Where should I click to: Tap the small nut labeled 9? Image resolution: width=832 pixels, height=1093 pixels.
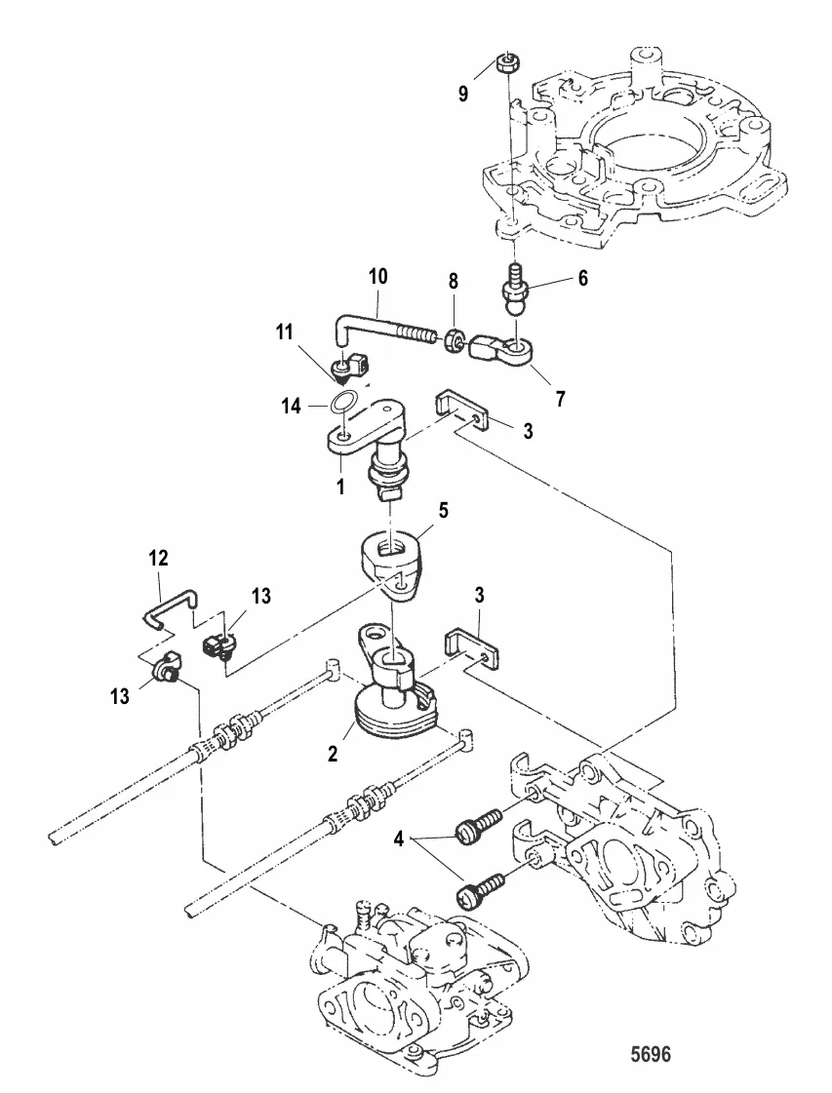pyautogui.click(x=507, y=63)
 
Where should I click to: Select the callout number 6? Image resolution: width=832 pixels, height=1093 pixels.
pyautogui.click(x=582, y=278)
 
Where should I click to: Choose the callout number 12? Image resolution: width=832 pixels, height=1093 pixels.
pyautogui.click(x=158, y=559)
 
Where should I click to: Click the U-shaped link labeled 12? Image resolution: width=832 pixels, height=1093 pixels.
pyautogui.click(x=165, y=609)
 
